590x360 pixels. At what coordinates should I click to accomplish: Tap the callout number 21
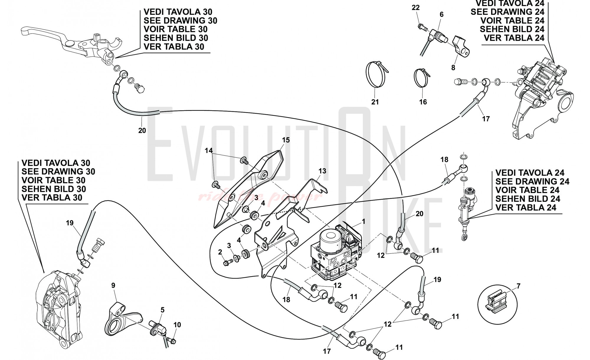click(375, 102)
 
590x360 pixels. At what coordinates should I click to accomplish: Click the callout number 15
click(286, 140)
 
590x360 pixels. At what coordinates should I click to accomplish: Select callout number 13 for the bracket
click(322, 171)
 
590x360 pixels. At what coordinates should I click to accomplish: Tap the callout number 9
click(113, 285)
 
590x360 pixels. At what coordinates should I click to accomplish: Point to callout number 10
click(177, 325)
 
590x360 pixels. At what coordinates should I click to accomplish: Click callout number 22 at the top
click(415, 8)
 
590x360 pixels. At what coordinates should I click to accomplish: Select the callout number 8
click(453, 68)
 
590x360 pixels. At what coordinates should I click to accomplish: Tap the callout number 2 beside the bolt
click(220, 252)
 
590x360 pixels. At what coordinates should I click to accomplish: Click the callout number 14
click(209, 150)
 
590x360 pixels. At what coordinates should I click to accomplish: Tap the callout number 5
click(162, 310)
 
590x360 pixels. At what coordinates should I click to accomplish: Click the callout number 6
click(441, 14)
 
